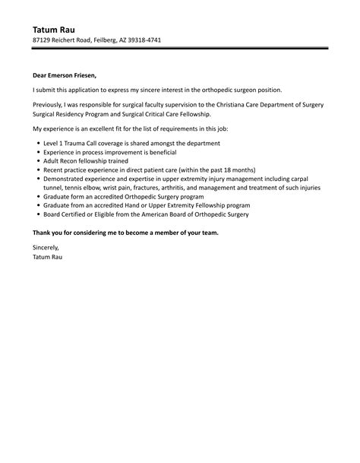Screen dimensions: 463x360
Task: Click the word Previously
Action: click(x=49, y=104)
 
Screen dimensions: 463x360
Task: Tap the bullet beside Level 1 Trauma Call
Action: click(x=38, y=144)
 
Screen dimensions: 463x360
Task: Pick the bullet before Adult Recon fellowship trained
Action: click(x=38, y=162)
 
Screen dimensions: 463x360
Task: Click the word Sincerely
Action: click(x=46, y=249)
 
